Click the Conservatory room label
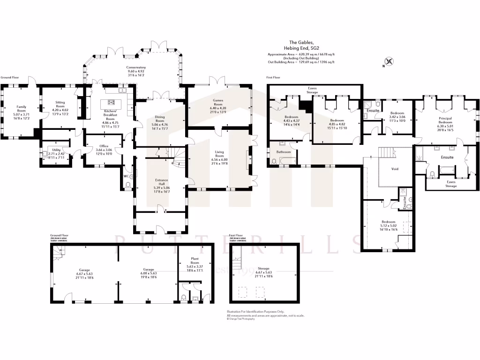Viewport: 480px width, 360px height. click(x=136, y=67)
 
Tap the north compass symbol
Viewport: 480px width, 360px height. click(x=388, y=61)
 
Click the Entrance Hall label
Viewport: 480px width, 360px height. click(x=162, y=181)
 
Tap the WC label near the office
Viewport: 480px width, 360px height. click(x=126, y=176)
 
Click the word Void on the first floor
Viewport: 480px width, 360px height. click(x=395, y=169)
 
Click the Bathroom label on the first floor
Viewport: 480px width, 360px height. click(x=284, y=152)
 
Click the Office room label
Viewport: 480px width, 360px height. click(x=104, y=146)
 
